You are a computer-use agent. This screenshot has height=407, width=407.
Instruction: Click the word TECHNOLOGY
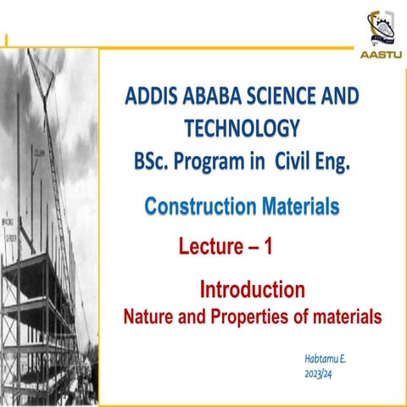point(242,128)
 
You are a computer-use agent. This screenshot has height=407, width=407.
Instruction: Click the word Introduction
point(252,290)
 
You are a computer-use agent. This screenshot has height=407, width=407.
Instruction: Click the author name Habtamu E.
point(325,359)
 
